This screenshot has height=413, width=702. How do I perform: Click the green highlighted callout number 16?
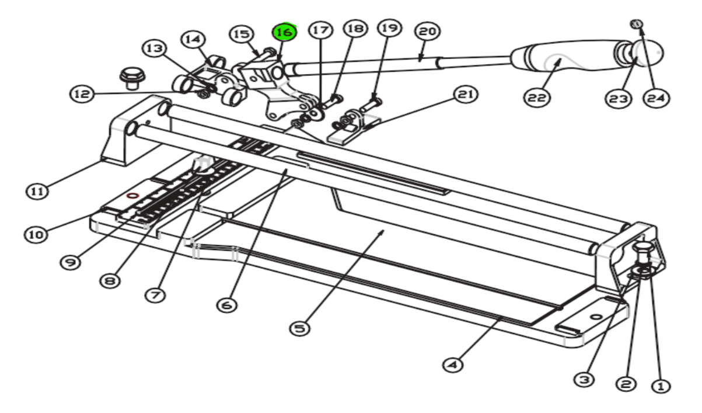click(x=285, y=33)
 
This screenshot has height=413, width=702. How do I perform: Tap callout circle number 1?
click(x=661, y=386)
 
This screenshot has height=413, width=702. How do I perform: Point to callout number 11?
click(x=37, y=190)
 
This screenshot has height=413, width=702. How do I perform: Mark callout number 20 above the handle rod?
click(x=427, y=32)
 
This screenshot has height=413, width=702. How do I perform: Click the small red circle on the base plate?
click(x=132, y=196)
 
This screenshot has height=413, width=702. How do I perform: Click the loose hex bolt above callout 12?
click(x=128, y=77)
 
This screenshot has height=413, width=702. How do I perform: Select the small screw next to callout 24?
click(x=637, y=24)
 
